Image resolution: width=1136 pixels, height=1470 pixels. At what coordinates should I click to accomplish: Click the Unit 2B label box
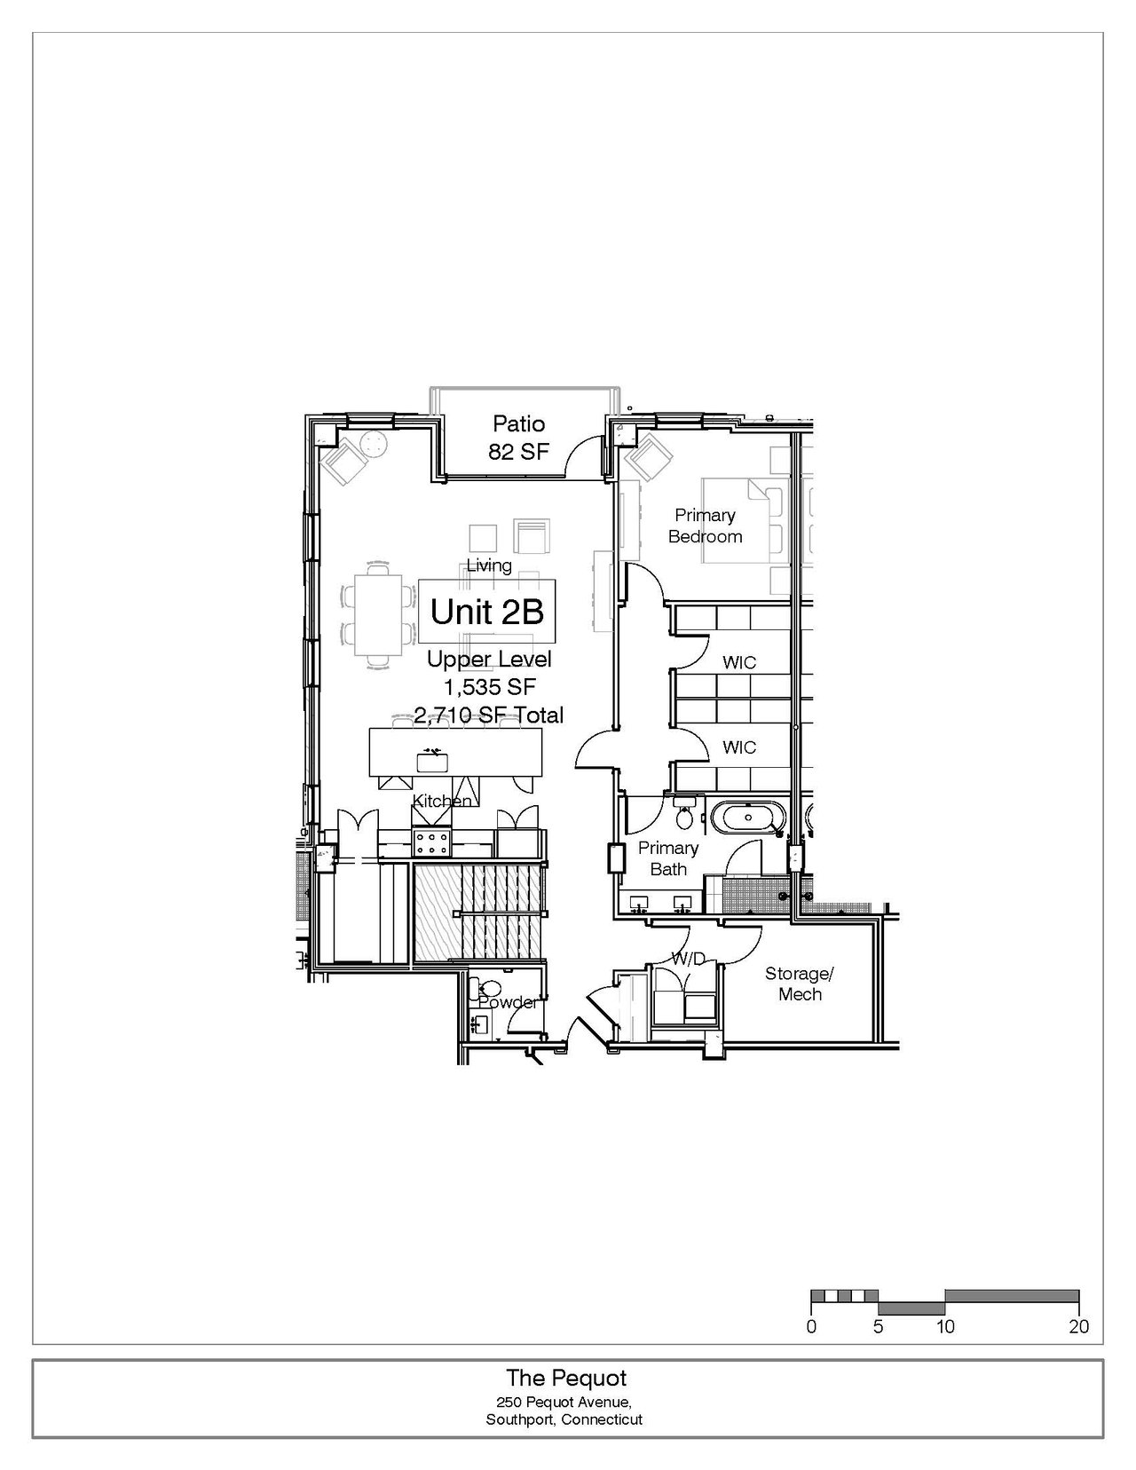click(x=487, y=612)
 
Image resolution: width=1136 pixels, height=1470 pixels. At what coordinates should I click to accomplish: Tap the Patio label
click(x=518, y=424)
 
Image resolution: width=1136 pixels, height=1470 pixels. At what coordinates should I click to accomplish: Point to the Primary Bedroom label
click(x=706, y=526)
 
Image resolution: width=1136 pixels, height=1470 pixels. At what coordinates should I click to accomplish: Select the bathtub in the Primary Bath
click(x=748, y=818)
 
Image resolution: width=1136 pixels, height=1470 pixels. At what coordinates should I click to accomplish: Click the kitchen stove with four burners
click(x=432, y=843)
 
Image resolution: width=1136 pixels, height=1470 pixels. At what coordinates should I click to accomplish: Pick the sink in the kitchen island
click(x=432, y=763)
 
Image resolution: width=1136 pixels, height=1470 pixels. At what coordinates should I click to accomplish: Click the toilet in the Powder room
click(x=487, y=989)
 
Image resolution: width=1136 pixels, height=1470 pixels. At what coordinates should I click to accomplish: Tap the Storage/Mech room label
click(x=800, y=984)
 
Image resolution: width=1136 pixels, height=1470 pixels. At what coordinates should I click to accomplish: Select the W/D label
click(x=689, y=958)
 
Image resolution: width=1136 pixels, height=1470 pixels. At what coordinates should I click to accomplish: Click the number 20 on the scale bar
click(x=1079, y=1326)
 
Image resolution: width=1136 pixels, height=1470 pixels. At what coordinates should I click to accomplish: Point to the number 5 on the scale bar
click(x=878, y=1326)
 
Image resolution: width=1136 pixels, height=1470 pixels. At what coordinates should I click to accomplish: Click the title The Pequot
click(x=566, y=1378)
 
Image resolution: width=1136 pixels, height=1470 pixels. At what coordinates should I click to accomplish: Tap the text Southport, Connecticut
click(x=564, y=1419)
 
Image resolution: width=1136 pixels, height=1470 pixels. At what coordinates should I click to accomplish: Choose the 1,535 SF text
click(x=490, y=687)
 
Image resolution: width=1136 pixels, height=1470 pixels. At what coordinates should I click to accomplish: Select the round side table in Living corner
click(x=373, y=443)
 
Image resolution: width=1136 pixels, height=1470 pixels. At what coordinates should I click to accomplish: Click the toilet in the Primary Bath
click(x=684, y=816)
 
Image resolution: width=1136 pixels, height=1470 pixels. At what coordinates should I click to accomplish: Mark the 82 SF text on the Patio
click(x=518, y=451)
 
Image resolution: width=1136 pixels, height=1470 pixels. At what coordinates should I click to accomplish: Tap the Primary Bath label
click(x=668, y=858)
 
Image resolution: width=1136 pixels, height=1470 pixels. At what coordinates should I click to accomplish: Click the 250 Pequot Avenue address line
click(x=564, y=1401)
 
